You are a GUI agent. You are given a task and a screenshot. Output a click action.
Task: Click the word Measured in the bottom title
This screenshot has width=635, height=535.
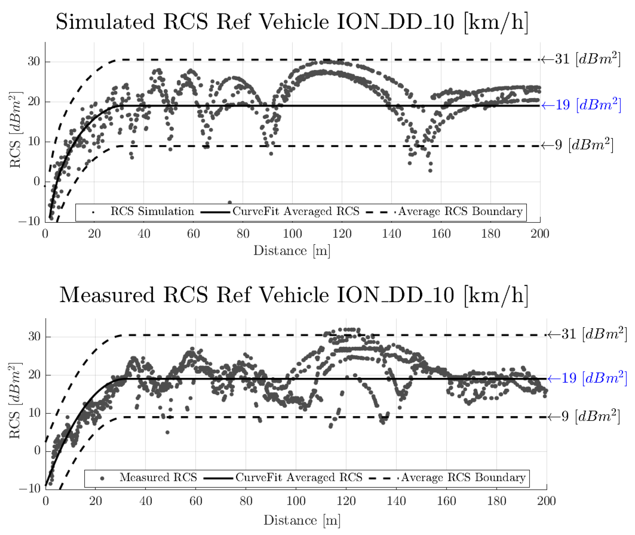(107, 295)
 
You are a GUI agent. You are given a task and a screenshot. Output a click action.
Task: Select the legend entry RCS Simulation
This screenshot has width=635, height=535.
(152, 211)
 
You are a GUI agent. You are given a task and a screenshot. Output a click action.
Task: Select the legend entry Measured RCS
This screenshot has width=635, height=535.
(158, 477)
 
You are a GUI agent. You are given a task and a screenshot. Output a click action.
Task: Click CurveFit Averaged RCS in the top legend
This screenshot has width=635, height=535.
(296, 211)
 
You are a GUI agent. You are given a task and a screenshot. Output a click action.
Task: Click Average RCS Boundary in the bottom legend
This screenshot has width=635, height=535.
(463, 477)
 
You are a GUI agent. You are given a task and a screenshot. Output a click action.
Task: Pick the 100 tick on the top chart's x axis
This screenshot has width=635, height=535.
(292, 234)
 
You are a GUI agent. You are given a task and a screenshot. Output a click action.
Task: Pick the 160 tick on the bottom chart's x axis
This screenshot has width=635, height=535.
(446, 501)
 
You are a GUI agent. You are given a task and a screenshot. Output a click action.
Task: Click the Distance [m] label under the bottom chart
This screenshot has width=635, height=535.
(302, 520)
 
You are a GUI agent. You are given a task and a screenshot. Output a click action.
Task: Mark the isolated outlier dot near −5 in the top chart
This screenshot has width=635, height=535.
(230, 202)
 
